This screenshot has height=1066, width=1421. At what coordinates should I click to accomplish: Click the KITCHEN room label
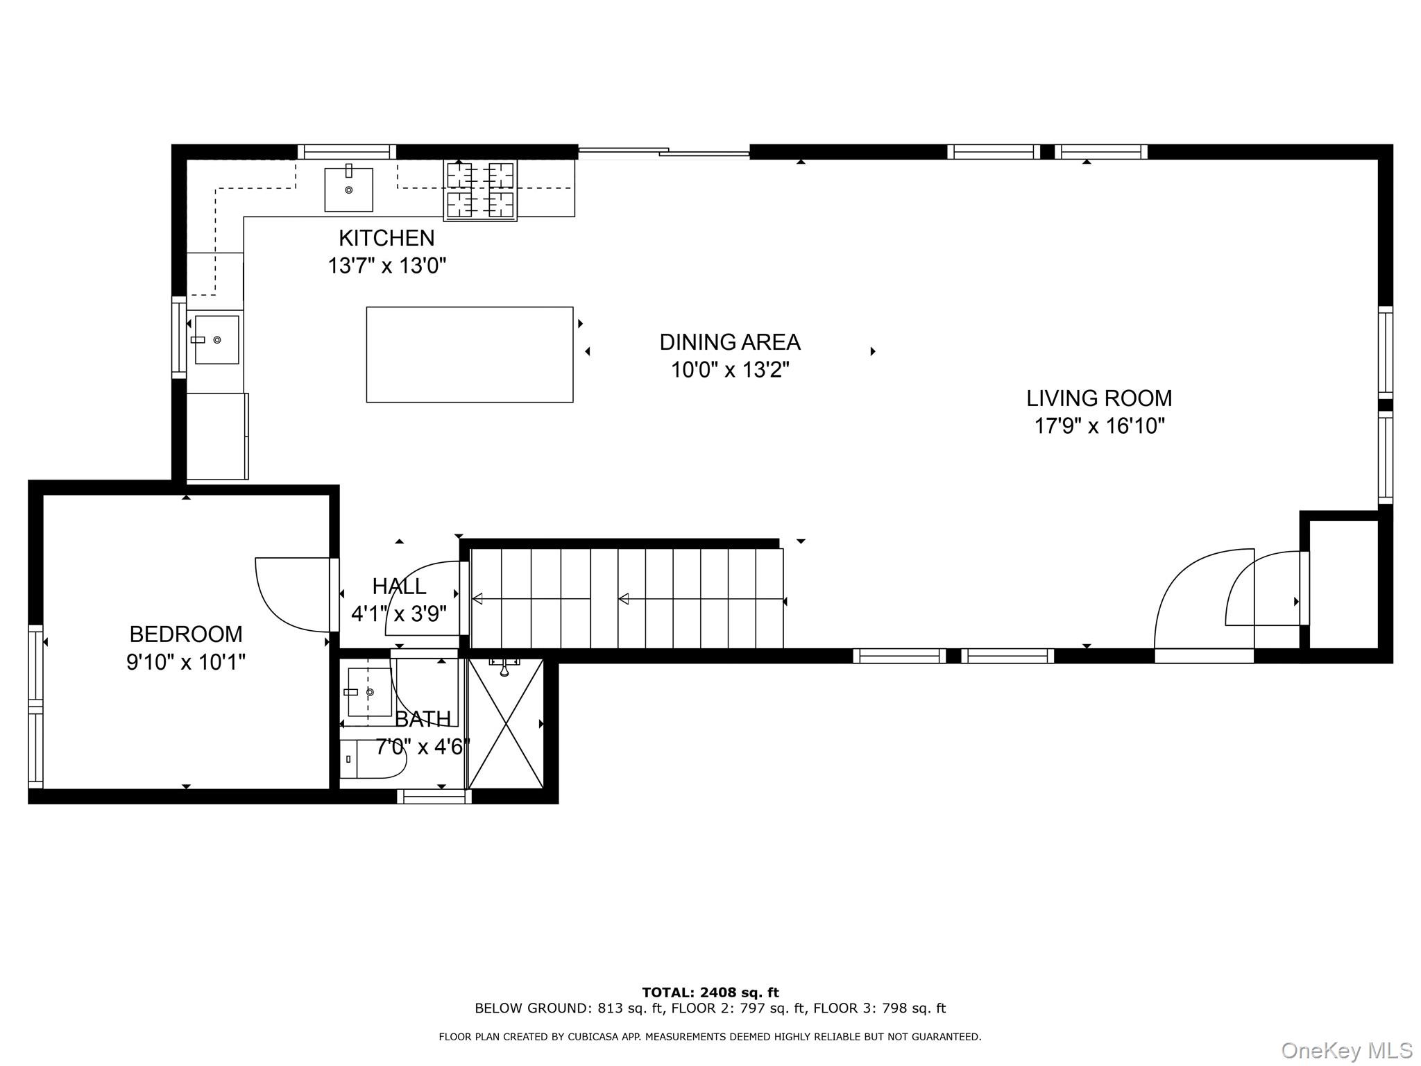[x=386, y=238]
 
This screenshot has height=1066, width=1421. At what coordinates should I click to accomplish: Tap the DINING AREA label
[x=729, y=342]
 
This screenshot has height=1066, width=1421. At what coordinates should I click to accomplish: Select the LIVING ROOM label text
[x=1099, y=398]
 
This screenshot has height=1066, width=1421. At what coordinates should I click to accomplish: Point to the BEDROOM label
[x=186, y=634]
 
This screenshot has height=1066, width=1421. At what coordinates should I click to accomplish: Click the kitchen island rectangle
[x=470, y=355]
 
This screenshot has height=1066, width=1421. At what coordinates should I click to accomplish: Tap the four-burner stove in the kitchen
[x=480, y=191]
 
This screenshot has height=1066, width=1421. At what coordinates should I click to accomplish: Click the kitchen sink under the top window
[x=348, y=189]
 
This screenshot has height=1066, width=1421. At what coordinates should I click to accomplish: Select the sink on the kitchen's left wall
[x=216, y=339]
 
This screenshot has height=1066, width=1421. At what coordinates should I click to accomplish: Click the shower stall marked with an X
[x=506, y=723]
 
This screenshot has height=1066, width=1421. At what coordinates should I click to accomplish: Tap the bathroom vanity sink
[x=368, y=692]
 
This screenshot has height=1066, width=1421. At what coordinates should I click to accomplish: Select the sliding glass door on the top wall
[x=663, y=152]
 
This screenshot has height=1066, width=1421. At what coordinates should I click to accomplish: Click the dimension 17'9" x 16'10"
[x=1099, y=426]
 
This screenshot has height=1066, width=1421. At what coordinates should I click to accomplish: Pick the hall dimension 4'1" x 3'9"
[x=398, y=614]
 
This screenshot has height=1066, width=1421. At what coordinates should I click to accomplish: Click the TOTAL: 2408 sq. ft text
[x=710, y=992]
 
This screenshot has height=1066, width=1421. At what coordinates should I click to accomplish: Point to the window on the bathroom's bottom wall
[x=434, y=797]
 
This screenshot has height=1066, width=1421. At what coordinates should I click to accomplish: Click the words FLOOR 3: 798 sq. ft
[x=879, y=1008]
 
